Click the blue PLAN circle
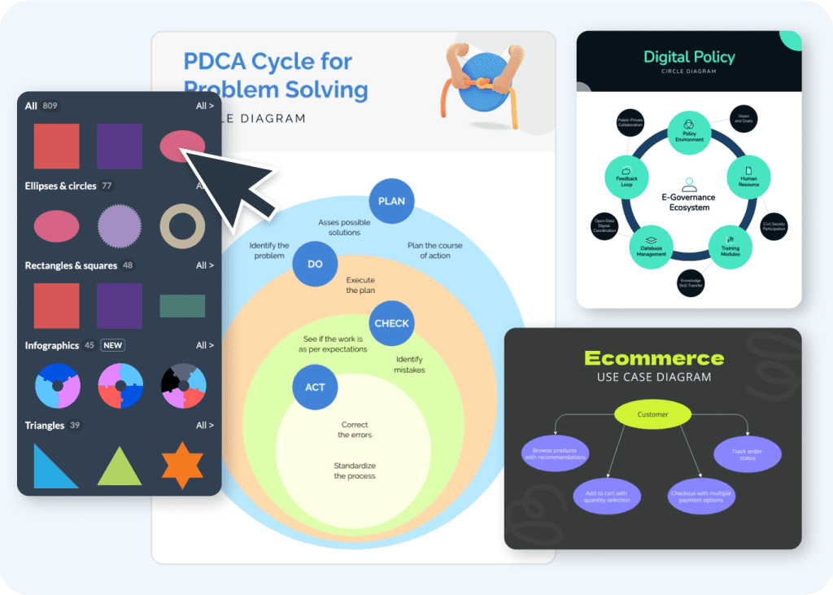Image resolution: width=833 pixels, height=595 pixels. tap(391, 200)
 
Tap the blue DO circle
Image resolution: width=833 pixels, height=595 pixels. tap(315, 265)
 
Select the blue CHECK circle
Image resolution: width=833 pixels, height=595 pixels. tap(391, 323)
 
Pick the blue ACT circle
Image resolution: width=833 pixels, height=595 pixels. tap(315, 387)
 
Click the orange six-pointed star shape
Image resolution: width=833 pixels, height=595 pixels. tap(182, 465)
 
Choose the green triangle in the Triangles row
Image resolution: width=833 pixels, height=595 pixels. tap(120, 466)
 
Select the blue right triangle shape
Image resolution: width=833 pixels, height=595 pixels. tap(56, 466)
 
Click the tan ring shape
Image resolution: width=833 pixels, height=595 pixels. tap(182, 226)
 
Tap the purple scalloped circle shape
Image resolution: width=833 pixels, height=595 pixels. tap(120, 226)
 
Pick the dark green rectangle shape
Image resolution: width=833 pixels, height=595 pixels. tap(182, 306)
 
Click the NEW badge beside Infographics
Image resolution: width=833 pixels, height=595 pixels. tap(112, 345)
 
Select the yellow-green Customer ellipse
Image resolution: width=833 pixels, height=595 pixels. tap(652, 414)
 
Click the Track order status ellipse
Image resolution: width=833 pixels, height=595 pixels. tap(748, 454)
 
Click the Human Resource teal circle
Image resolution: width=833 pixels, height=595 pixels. tap(748, 177)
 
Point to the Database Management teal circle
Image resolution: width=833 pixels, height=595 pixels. tap(652, 247)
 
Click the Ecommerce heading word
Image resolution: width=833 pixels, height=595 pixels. tap(653, 358)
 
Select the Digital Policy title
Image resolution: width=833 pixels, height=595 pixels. tap(689, 57)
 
